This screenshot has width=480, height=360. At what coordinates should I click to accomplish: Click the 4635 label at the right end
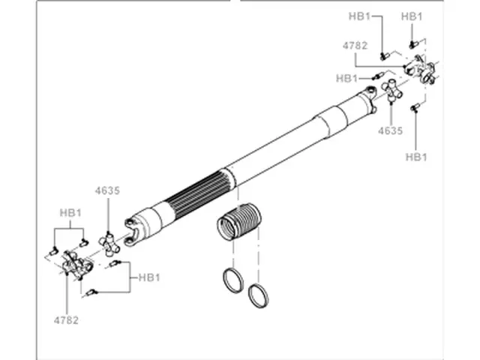[391, 130]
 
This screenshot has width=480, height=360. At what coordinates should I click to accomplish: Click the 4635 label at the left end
[107, 190]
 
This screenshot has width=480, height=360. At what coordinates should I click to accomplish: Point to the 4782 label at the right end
[355, 45]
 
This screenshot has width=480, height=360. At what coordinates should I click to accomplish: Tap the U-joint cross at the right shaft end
[393, 92]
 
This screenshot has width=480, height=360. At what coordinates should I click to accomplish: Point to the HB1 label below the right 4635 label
[416, 157]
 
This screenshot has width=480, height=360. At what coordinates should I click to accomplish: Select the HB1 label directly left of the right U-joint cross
[347, 78]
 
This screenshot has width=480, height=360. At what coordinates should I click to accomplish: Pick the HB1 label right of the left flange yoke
[149, 277]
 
